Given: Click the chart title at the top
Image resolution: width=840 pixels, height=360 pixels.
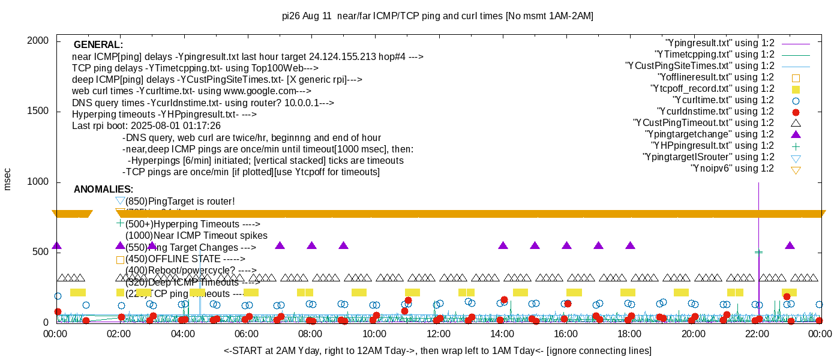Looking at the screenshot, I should coord(437,16).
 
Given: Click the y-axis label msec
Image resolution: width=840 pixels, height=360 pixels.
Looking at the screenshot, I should coord(7,179).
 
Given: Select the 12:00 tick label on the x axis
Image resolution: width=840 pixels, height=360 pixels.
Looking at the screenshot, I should coord(438,334).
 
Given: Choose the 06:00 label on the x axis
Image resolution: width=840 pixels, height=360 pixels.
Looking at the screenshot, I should coord(247,334).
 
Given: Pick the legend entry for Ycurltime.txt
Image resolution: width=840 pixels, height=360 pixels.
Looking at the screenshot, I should coord(723,100).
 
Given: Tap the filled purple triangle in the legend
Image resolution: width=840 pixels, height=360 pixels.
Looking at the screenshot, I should coord(796,134).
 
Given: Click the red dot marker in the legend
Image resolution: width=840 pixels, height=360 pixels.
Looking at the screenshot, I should coord(796,112).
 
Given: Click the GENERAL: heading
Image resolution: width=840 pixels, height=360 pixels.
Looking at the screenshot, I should coord(98,45).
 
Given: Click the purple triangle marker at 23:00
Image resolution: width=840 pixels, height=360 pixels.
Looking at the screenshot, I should coord(790,246).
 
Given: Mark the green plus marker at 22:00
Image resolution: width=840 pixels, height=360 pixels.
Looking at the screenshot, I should coord(758,253).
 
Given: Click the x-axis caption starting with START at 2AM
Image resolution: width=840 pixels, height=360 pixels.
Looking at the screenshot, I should coord(437,350).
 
